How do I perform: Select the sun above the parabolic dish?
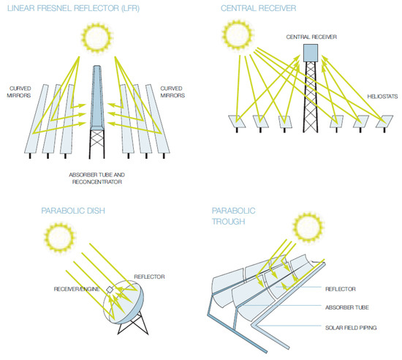pos(59,236)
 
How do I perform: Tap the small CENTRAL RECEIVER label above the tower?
pos(311,34)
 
